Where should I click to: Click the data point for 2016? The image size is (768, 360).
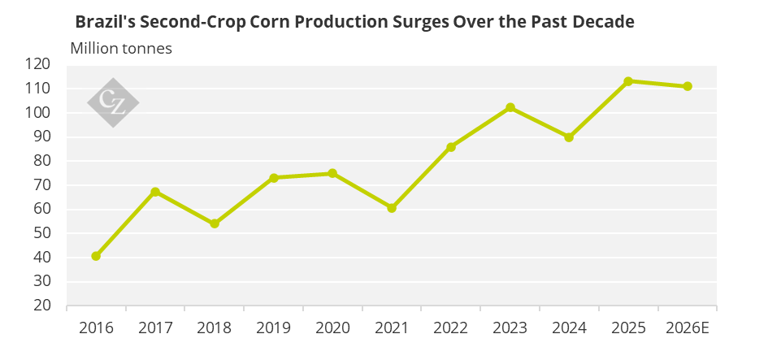point(96,256)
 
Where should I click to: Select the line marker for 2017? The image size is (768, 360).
point(155,192)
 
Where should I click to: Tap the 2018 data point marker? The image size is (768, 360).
point(215,223)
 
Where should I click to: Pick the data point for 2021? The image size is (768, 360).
point(392,208)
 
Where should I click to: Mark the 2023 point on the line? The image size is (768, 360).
point(510,107)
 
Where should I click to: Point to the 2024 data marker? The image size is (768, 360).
point(569,137)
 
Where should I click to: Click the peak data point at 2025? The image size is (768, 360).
point(628,81)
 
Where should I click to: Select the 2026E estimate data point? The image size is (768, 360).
point(688,86)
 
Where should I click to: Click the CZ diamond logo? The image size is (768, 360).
point(113,103)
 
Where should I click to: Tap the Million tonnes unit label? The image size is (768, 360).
point(121,49)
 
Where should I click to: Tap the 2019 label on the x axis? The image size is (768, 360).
point(273,327)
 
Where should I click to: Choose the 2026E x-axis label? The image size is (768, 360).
point(688,327)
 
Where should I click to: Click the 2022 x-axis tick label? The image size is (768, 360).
point(450,327)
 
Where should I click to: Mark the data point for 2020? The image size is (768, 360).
point(332,173)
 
